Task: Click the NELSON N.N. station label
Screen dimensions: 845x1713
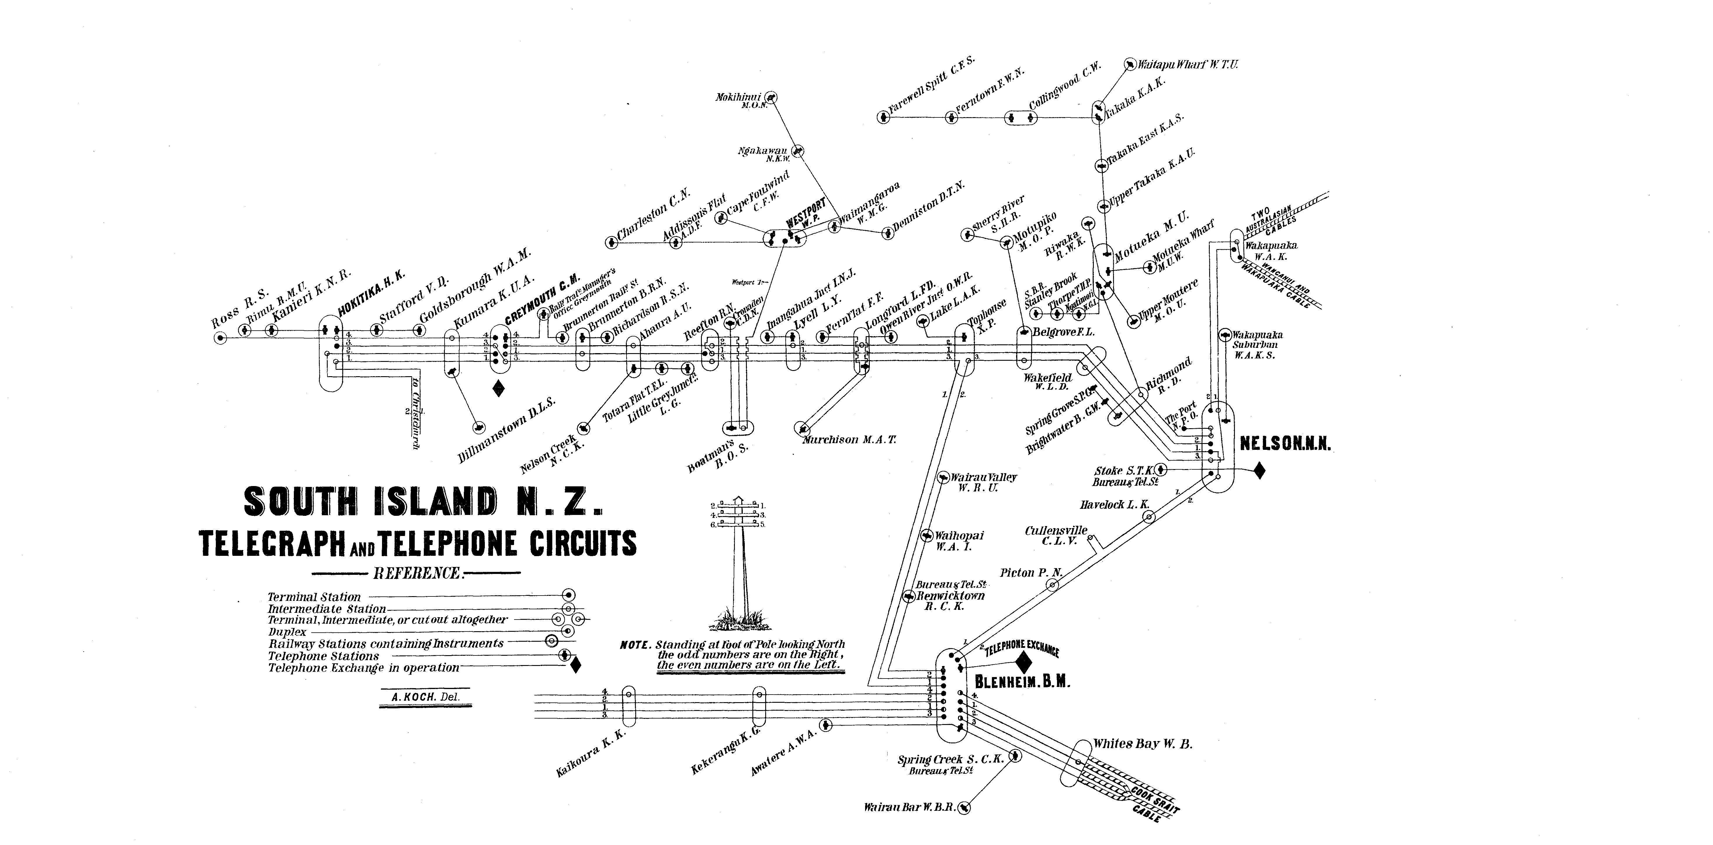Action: pos(1285,444)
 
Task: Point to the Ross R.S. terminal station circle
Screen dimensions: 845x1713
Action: pos(220,339)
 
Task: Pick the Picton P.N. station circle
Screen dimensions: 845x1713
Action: pos(1052,585)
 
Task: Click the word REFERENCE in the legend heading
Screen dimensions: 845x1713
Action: pos(417,573)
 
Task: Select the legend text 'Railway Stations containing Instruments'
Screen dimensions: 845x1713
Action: pos(386,643)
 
